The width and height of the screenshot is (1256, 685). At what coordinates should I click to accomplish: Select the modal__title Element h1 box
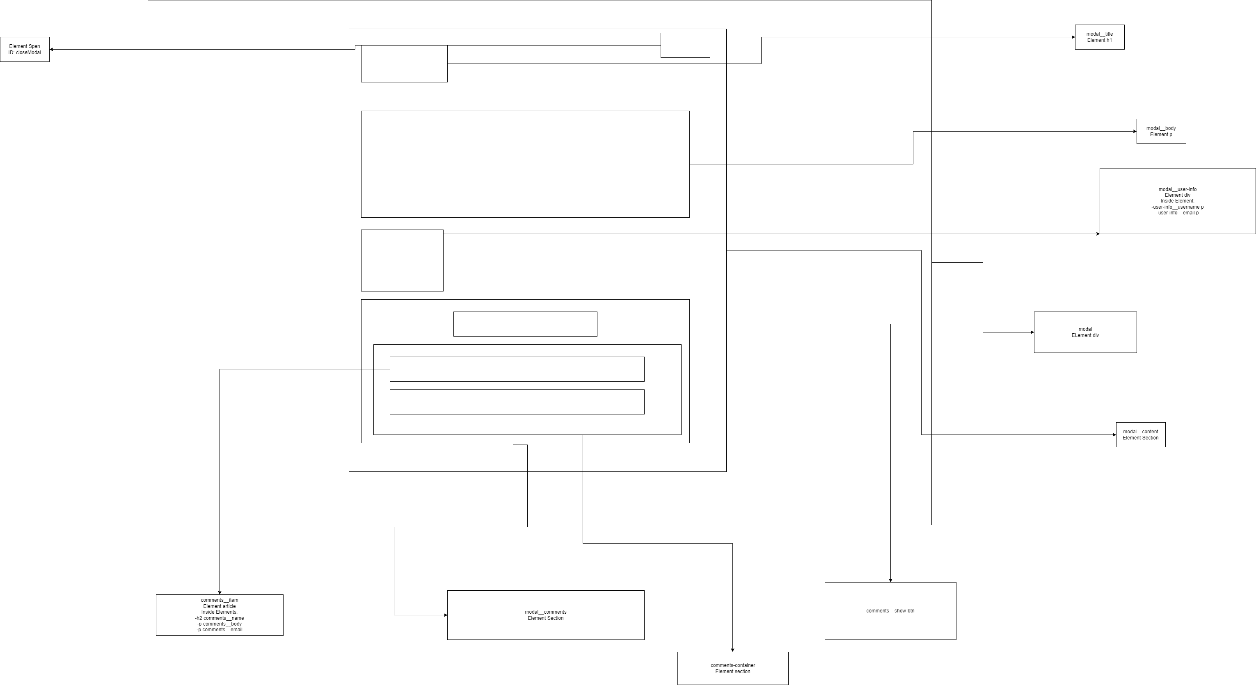[x=1100, y=37]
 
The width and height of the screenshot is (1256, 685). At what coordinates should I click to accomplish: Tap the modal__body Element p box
[x=1161, y=132]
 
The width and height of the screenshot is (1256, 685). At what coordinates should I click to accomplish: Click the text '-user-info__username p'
[x=1177, y=207]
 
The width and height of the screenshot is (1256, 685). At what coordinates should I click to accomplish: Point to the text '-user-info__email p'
[x=1177, y=213]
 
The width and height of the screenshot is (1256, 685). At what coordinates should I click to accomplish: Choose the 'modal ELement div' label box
[x=1085, y=332]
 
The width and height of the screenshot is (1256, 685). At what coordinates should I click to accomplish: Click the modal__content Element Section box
[x=1140, y=435]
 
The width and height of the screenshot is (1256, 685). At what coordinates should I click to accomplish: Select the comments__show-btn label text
[x=890, y=611]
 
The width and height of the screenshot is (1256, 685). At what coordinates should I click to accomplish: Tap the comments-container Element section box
[x=732, y=669]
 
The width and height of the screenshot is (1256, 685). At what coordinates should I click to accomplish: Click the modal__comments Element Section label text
[x=545, y=615]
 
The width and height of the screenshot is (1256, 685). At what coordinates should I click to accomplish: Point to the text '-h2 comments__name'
[x=220, y=618]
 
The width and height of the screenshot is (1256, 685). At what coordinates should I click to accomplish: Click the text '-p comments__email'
[x=220, y=630]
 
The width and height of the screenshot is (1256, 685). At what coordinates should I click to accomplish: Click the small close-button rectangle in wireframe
[x=685, y=46]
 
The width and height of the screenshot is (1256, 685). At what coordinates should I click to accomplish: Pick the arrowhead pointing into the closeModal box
[x=52, y=49]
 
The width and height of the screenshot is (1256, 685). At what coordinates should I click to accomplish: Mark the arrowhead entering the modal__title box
[x=1073, y=37]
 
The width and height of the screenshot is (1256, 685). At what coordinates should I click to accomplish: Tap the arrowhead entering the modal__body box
[x=1134, y=132]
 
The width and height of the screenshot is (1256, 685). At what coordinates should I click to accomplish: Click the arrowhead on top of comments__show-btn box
[x=890, y=580]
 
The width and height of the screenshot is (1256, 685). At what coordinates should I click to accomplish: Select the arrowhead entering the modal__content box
[x=1114, y=435]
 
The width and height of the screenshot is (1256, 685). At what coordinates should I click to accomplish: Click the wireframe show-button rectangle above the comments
[x=525, y=324]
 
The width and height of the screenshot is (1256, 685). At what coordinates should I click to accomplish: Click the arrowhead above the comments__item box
[x=220, y=592]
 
